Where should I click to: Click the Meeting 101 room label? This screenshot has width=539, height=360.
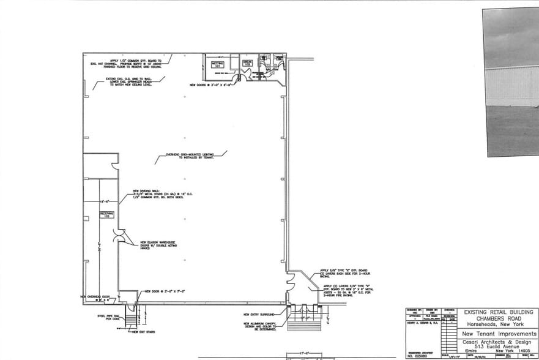(218, 64)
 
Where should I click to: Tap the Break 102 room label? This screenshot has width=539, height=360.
(248, 63)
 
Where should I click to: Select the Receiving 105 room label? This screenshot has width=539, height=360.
(105, 215)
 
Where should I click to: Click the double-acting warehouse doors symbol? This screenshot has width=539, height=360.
(120, 236)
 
